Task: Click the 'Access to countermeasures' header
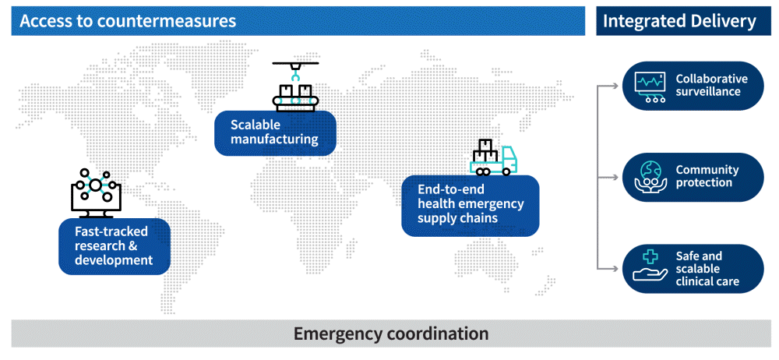(x=128, y=21)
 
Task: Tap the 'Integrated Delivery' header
(x=680, y=21)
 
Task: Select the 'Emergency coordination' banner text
(x=390, y=334)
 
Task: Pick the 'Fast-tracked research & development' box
(x=114, y=245)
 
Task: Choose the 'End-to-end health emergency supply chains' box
(x=470, y=205)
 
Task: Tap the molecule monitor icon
(x=94, y=189)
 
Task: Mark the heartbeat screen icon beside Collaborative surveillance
(x=649, y=86)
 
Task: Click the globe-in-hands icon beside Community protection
(x=649, y=177)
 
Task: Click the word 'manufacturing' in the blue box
(x=274, y=139)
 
